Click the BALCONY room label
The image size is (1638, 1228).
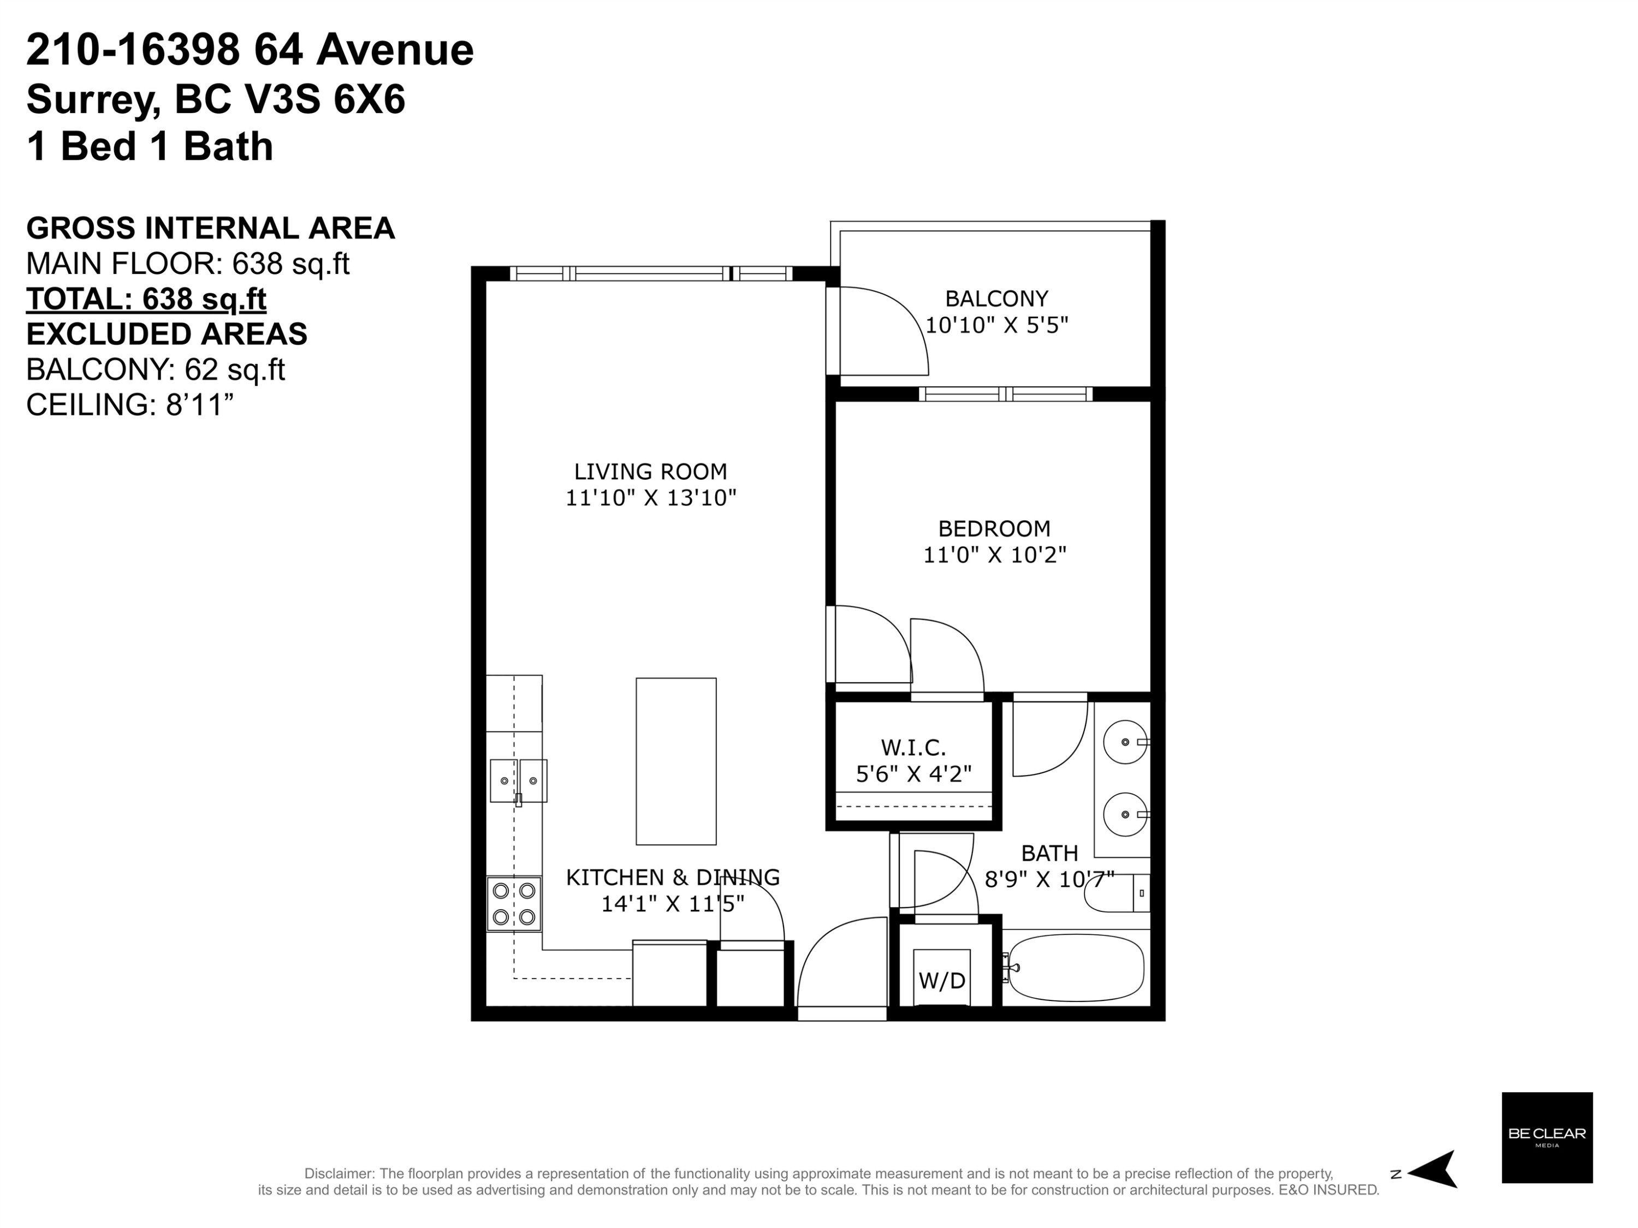(x=996, y=299)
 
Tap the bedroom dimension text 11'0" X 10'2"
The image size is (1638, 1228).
(x=994, y=555)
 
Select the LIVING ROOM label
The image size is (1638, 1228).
(x=650, y=472)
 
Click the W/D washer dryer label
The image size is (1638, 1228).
(x=942, y=981)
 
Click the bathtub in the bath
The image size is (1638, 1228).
(x=1076, y=968)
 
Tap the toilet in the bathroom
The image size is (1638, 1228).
(x=1117, y=893)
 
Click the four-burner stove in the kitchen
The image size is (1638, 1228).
(x=514, y=904)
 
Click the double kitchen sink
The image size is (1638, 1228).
(x=518, y=781)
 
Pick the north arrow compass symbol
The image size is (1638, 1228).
(x=1432, y=1170)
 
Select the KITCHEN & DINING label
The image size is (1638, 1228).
(x=672, y=877)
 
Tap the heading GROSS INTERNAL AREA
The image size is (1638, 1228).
(x=210, y=228)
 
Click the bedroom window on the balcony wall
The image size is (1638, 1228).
(x=1006, y=394)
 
